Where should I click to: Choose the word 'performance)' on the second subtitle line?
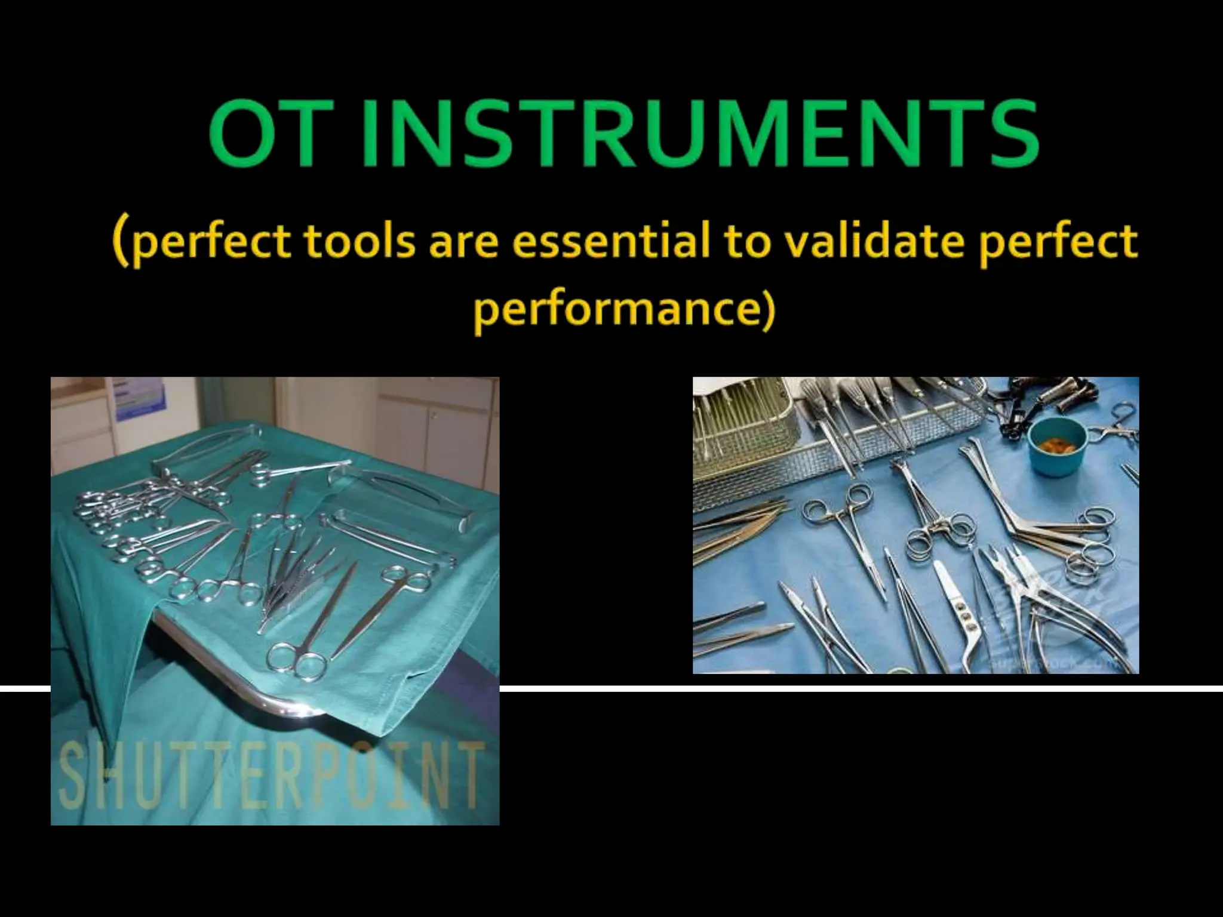[624, 309]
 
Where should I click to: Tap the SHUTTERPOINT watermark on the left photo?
[272, 775]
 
